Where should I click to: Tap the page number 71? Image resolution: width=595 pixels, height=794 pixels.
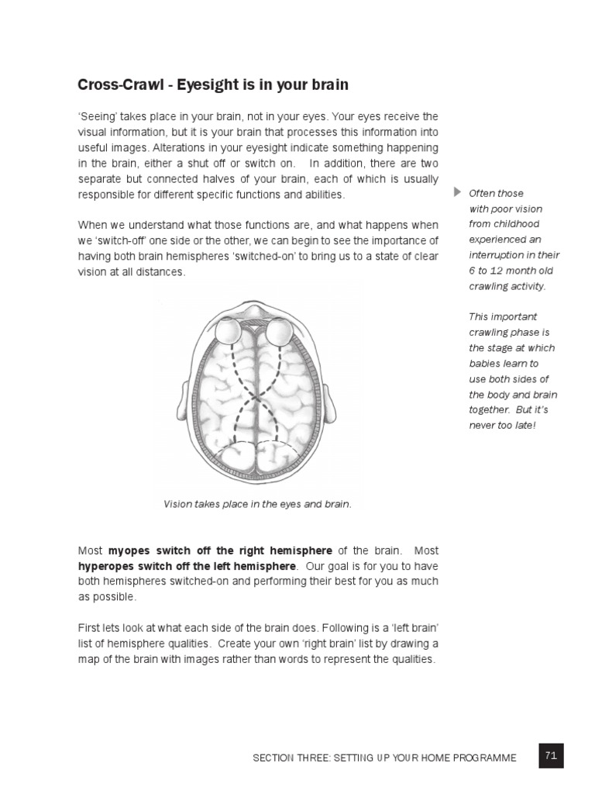551,754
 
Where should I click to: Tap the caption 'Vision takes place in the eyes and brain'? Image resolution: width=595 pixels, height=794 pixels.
257,504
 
